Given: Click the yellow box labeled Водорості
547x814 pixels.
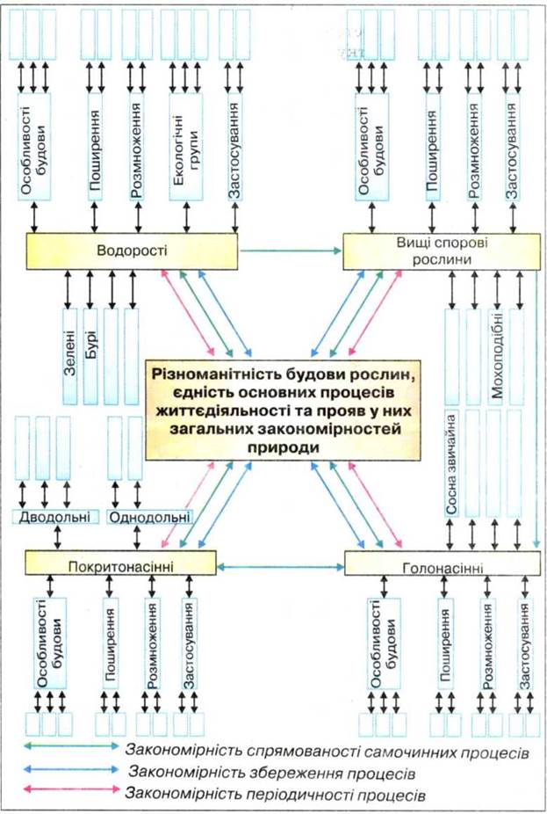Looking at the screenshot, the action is (x=132, y=251).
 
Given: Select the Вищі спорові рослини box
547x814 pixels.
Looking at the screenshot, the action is (x=442, y=251).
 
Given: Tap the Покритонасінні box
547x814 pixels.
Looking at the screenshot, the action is (x=121, y=563).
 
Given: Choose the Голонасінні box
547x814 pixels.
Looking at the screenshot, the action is (x=443, y=563).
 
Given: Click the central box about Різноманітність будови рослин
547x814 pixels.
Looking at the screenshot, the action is (x=283, y=410).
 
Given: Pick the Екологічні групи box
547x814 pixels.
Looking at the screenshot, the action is (x=185, y=147).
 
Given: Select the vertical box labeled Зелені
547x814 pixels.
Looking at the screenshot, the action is (x=70, y=357).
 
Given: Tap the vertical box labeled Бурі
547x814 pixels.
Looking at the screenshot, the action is (x=90, y=357).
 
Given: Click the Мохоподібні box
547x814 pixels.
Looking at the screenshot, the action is (x=497, y=357).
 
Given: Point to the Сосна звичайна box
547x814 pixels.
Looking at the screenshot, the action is (x=451, y=463).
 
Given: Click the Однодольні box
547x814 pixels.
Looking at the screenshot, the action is (x=149, y=517).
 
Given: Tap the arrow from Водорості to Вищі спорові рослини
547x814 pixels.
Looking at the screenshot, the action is (x=291, y=251).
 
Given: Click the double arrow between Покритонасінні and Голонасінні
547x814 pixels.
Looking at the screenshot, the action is (x=280, y=567).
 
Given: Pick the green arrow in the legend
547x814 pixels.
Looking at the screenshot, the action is (x=72, y=746).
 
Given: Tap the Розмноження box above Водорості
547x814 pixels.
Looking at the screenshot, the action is (x=137, y=147).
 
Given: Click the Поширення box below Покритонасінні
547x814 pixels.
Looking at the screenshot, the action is (x=111, y=643).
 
